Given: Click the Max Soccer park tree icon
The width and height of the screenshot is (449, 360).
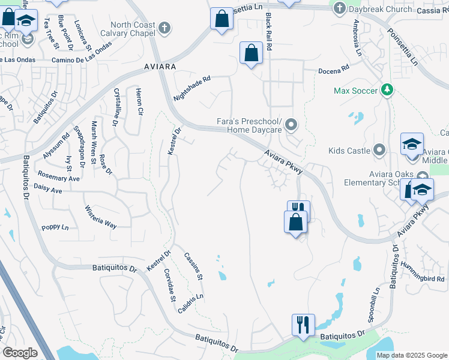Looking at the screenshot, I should [x=388, y=90].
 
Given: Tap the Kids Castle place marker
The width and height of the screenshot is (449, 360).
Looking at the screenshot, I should [x=379, y=149].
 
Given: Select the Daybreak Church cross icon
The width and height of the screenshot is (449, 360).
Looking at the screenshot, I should [x=340, y=8].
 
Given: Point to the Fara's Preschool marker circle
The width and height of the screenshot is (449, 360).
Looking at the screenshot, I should [x=292, y=125].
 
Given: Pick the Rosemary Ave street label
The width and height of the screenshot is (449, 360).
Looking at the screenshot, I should [x=58, y=178].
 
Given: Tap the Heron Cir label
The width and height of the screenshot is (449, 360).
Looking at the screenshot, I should [x=140, y=101].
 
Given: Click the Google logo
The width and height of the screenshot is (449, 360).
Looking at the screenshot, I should [x=20, y=352].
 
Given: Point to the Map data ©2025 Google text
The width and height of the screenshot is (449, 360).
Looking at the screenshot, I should [x=411, y=355].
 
